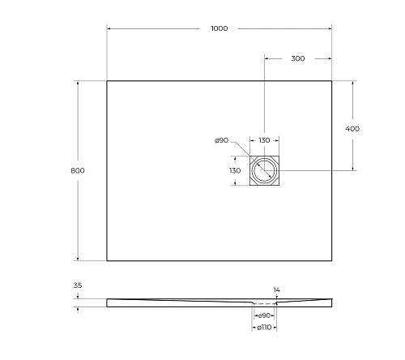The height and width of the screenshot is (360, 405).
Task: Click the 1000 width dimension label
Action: (219, 28)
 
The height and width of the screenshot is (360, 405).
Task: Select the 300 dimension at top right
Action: (298, 59)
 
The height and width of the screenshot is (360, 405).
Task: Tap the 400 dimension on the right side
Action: (352, 129)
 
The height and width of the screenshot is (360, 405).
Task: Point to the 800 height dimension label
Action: (78, 170)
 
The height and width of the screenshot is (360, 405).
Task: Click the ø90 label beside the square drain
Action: (221, 140)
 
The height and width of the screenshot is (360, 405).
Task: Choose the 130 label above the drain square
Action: (264, 140)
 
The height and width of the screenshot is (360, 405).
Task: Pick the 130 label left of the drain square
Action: (235, 171)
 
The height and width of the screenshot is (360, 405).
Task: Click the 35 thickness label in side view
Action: (78, 285)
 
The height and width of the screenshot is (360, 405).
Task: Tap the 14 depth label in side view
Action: (276, 289)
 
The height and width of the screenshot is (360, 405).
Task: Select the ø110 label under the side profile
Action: (264, 328)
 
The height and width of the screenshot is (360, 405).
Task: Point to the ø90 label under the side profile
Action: (264, 315)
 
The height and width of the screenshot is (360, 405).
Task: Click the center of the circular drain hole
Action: (264, 170)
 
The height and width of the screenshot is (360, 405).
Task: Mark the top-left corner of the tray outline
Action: (107, 80)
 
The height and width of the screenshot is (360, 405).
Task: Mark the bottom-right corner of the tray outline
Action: (332, 260)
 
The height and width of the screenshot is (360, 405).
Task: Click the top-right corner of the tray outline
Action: (332, 80)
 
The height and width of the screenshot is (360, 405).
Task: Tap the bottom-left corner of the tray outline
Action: (107, 260)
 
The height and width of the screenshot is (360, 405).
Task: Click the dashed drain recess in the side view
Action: (264, 303)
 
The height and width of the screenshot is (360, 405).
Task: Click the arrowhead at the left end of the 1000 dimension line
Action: (109, 28)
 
